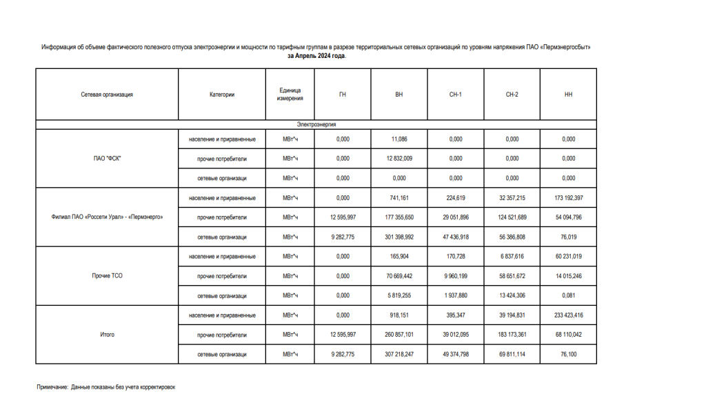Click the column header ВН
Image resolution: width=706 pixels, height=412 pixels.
pyautogui.click(x=399, y=95)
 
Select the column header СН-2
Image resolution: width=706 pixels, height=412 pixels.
pyautogui.click(x=512, y=95)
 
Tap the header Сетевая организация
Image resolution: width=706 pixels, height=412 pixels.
pyautogui.click(x=107, y=95)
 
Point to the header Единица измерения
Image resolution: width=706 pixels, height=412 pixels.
pyautogui.click(x=290, y=95)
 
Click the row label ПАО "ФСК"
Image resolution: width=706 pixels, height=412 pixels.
pyautogui.click(x=107, y=159)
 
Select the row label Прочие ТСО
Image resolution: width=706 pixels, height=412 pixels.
pyautogui.click(x=107, y=276)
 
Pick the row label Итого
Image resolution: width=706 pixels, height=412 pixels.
pyautogui.click(x=107, y=335)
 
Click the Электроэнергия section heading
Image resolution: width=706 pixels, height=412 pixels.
pyautogui.click(x=316, y=124)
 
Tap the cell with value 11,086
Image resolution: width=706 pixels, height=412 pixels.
pyautogui.click(x=399, y=139)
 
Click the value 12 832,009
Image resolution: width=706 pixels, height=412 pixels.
pyautogui.click(x=399, y=159)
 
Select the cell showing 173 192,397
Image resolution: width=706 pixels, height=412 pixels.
pyautogui.click(x=568, y=198)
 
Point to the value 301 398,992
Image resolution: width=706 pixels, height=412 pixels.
pyautogui.click(x=399, y=237)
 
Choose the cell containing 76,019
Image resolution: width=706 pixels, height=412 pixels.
pyautogui.click(x=568, y=237)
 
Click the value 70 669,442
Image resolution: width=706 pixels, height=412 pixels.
pyautogui.click(x=399, y=276)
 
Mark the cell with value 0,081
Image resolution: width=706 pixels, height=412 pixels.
pyautogui.click(x=568, y=295)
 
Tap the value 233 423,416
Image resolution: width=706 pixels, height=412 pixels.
pyautogui.click(x=568, y=315)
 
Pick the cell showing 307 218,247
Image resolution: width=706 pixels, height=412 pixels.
pyautogui.click(x=399, y=354)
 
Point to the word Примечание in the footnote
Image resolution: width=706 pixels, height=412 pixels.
pyautogui.click(x=52, y=388)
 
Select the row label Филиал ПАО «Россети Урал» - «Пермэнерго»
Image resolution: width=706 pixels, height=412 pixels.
pyautogui.click(x=107, y=217)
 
